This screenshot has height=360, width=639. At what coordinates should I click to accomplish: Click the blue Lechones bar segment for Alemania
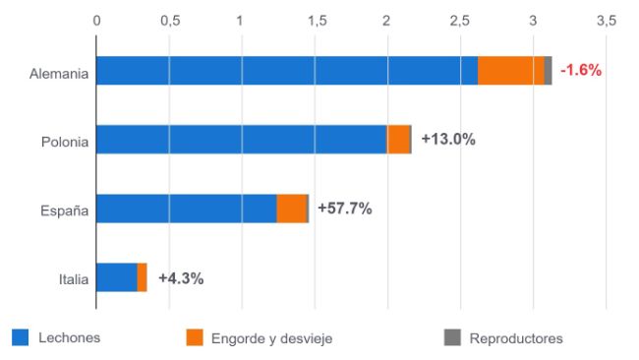[x=287, y=71]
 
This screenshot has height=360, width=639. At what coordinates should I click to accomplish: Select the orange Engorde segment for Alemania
[x=511, y=71]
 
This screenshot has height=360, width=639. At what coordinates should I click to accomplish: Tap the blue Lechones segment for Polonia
[x=242, y=140]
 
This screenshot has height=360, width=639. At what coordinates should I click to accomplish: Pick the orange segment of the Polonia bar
[x=398, y=140]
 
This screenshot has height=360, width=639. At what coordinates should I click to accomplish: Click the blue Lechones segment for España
[x=187, y=209]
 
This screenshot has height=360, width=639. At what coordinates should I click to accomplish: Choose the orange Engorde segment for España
[x=291, y=209]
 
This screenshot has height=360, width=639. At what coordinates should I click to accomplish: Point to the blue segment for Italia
[x=117, y=277]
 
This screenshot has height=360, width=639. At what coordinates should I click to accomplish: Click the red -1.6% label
[x=580, y=71]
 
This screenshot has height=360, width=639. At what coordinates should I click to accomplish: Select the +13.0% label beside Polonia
[x=448, y=140]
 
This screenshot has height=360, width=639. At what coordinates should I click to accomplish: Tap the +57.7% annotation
[x=345, y=209]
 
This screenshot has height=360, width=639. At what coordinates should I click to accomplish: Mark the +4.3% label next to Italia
[x=181, y=278]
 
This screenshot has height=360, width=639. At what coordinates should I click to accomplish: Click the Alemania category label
[x=59, y=73]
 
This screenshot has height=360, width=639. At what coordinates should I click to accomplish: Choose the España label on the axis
[x=65, y=210]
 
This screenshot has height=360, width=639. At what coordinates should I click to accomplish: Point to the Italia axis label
[x=73, y=280]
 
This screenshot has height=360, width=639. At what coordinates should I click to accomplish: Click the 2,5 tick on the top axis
[x=459, y=20]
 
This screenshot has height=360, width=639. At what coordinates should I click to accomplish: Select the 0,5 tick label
[x=169, y=20]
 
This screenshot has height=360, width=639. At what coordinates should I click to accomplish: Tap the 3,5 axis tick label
[x=605, y=20]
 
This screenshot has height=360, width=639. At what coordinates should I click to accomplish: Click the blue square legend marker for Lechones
[x=20, y=338]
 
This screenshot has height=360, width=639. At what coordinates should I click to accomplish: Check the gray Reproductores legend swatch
[x=452, y=338]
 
